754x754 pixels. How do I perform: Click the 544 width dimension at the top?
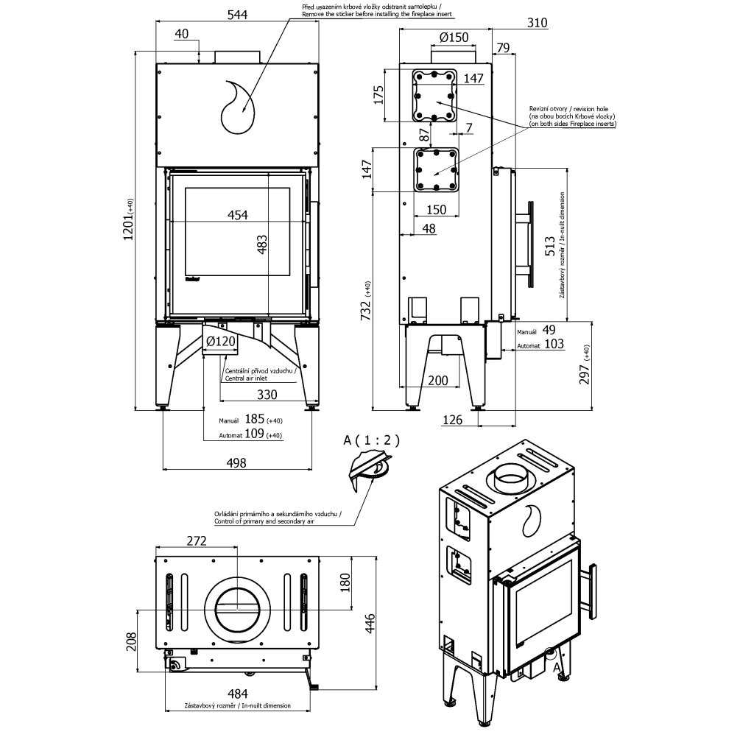[x=237, y=13]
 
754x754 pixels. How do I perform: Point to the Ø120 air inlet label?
[x=220, y=341]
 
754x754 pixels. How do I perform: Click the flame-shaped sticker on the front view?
[x=237, y=108]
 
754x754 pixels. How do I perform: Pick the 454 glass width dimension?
[x=237, y=214]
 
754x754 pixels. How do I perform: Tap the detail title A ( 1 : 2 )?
[x=371, y=440]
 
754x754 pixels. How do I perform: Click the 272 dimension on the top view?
[x=196, y=540]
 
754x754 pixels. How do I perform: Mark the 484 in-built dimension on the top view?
[x=237, y=694]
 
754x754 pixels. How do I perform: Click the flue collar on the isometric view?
[x=511, y=478]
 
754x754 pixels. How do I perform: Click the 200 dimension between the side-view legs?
[x=438, y=380]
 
